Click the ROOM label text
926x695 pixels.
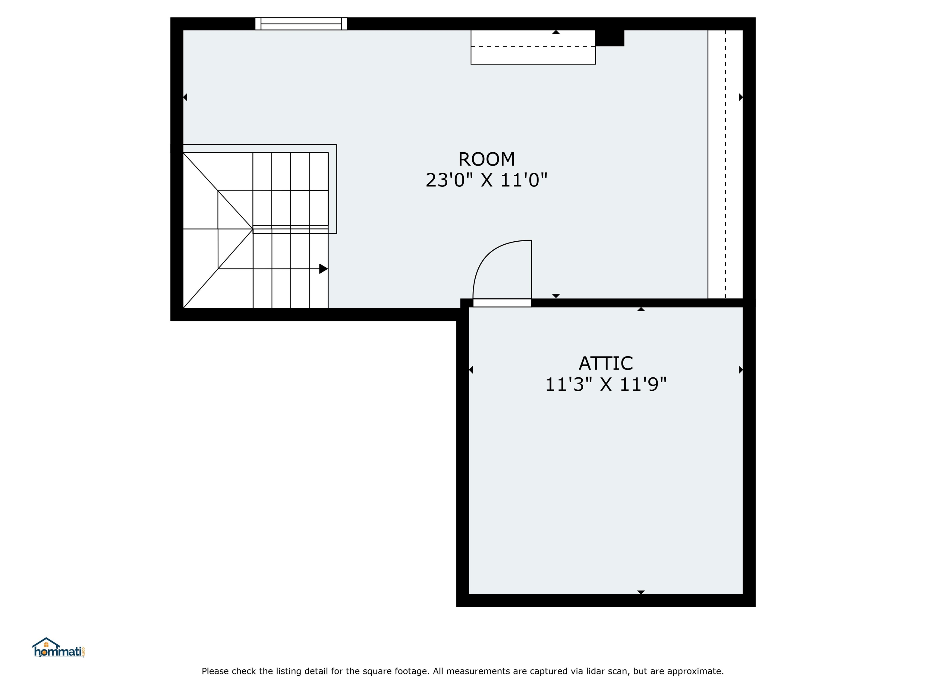[x=487, y=159]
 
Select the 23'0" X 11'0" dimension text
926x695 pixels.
[x=487, y=181]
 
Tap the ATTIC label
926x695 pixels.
[x=606, y=363]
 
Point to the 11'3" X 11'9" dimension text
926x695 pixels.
[x=606, y=385]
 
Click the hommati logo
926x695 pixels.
[x=58, y=648]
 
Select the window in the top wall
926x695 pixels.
[x=301, y=24]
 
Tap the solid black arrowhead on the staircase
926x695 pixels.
[x=323, y=268]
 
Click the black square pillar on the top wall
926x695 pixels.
[x=610, y=38]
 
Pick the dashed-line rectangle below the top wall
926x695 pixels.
[x=533, y=47]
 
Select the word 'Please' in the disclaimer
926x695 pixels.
[x=215, y=671]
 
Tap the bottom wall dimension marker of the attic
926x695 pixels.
[x=641, y=592]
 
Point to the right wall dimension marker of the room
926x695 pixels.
[x=741, y=97]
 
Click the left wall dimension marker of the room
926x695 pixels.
[x=185, y=97]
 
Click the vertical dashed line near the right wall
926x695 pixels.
[x=726, y=164]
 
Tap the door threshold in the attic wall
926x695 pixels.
[x=502, y=303]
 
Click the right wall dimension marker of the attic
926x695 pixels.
[x=741, y=370]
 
